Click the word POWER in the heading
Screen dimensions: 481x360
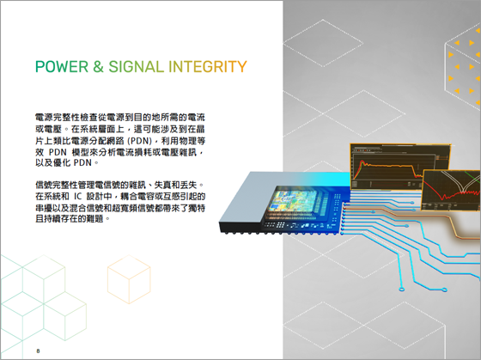(x=62, y=67)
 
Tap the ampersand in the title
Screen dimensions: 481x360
(x=98, y=67)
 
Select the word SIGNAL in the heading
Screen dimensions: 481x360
(x=137, y=67)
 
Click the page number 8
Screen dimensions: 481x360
(x=38, y=351)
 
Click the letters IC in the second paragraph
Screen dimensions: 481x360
(x=77, y=197)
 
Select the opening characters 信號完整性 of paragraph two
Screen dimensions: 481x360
(x=56, y=185)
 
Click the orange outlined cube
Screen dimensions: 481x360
(x=129, y=279)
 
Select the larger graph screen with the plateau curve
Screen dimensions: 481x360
(x=400, y=167)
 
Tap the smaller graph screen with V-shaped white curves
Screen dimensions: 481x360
(x=450, y=190)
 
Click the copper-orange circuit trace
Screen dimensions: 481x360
(x=450, y=222)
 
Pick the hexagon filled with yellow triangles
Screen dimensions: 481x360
(x=463, y=66)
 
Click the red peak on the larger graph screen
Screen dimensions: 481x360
(x=362, y=162)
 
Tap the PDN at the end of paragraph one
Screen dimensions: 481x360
(x=82, y=162)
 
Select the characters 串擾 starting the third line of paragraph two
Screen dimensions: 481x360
(x=44, y=208)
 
